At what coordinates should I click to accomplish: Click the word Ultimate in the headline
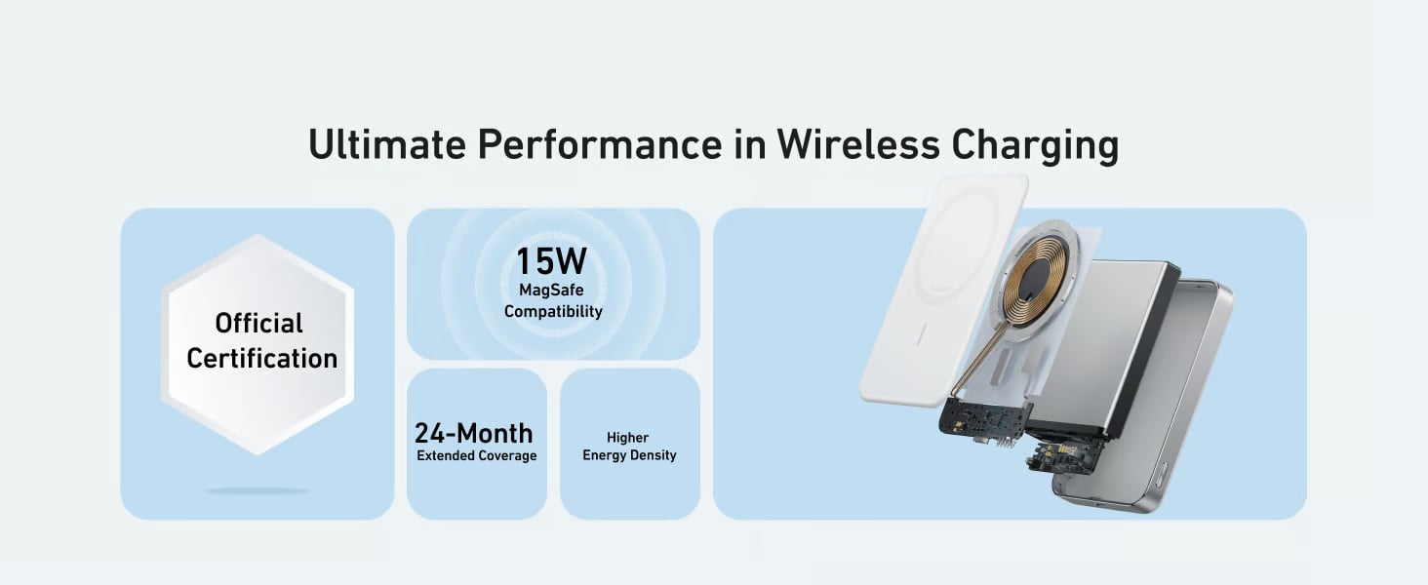(387, 144)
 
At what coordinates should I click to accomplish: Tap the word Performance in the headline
(600, 144)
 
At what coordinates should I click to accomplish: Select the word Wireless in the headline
(858, 144)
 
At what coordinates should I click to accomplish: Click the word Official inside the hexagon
(258, 323)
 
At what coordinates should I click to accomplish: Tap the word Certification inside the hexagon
(262, 358)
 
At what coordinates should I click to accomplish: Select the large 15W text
(551, 260)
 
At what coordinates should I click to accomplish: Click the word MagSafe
(551, 290)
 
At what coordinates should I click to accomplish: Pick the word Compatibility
(553, 312)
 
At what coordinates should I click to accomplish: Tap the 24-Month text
(474, 433)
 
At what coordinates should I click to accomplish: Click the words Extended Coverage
(477, 455)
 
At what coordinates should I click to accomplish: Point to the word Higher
(628, 438)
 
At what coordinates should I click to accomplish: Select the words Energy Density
(629, 455)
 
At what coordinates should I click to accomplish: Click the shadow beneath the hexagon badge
(257, 490)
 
